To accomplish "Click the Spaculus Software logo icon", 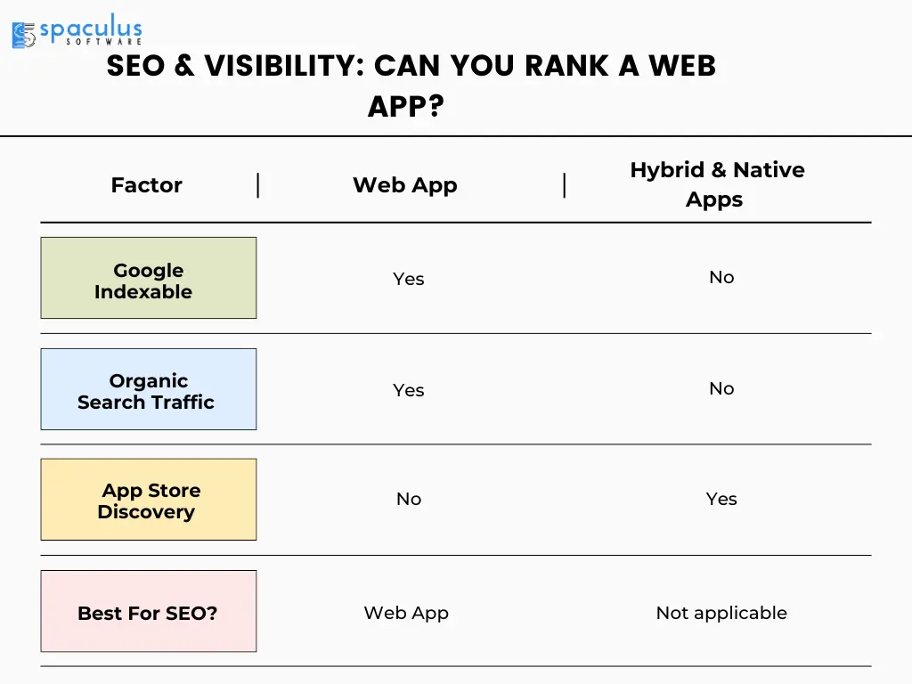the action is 23,35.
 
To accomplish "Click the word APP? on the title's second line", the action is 406,107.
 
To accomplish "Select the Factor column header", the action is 147,185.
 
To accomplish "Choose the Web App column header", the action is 405,185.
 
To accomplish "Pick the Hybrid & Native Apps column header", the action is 717,184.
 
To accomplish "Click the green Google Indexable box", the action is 149,278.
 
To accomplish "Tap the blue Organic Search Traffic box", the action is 149,389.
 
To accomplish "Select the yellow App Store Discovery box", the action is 149,500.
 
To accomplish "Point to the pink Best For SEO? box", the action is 149,611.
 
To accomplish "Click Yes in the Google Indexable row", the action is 408,279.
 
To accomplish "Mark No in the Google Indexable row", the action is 721,278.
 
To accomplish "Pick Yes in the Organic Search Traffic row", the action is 408,390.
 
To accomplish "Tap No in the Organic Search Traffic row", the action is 721,388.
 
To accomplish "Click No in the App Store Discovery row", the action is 408,499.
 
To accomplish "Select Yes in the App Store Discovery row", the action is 721,499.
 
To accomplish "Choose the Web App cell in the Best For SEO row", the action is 406,613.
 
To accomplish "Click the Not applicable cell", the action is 721,613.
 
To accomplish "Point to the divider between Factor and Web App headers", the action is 257,185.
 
